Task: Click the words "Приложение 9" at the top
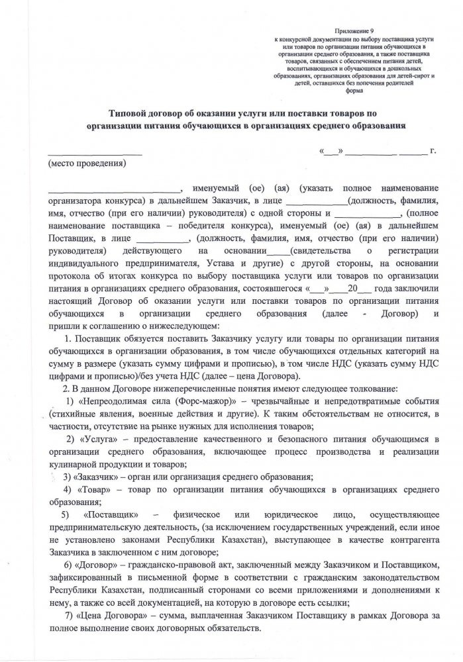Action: point(355,30)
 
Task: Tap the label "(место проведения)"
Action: point(86,163)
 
